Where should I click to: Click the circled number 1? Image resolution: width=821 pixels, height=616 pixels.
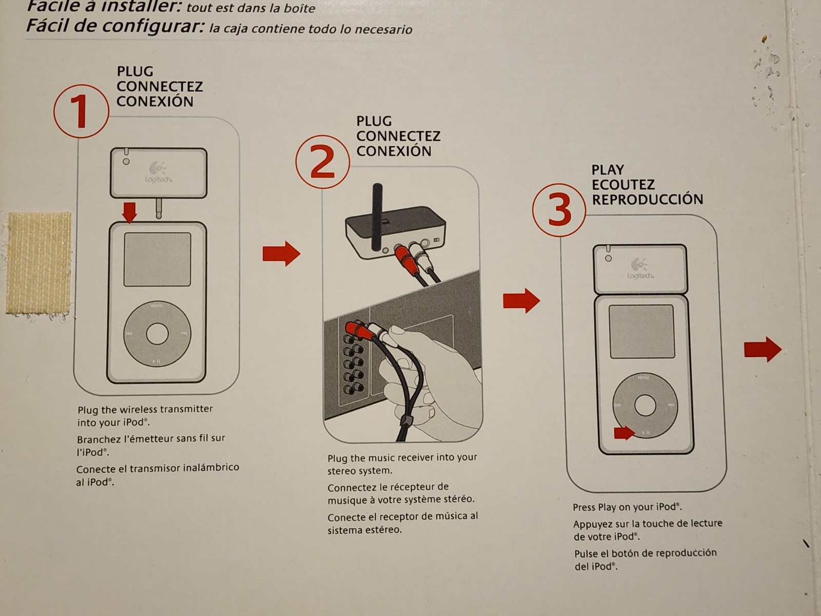81,111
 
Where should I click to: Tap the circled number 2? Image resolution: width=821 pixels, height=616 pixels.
322,162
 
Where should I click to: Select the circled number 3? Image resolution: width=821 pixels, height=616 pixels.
559,209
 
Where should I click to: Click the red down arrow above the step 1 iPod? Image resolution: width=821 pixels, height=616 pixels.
129,212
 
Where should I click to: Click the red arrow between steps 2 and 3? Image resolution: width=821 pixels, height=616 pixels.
521,300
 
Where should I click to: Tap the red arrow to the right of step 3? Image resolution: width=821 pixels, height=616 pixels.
763,350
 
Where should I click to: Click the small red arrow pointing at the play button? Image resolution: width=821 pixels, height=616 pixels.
624,433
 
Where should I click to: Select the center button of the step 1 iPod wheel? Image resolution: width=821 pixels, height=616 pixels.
157,334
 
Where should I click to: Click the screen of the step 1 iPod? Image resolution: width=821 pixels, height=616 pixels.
157,259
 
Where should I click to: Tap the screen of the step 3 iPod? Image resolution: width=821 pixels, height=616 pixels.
642,332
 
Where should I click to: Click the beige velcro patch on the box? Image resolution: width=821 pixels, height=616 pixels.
39,263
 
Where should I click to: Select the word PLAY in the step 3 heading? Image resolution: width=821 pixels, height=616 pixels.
608,170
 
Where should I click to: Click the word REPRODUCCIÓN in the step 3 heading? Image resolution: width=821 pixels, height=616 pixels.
648,200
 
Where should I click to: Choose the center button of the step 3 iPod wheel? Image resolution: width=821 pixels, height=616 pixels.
645,406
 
